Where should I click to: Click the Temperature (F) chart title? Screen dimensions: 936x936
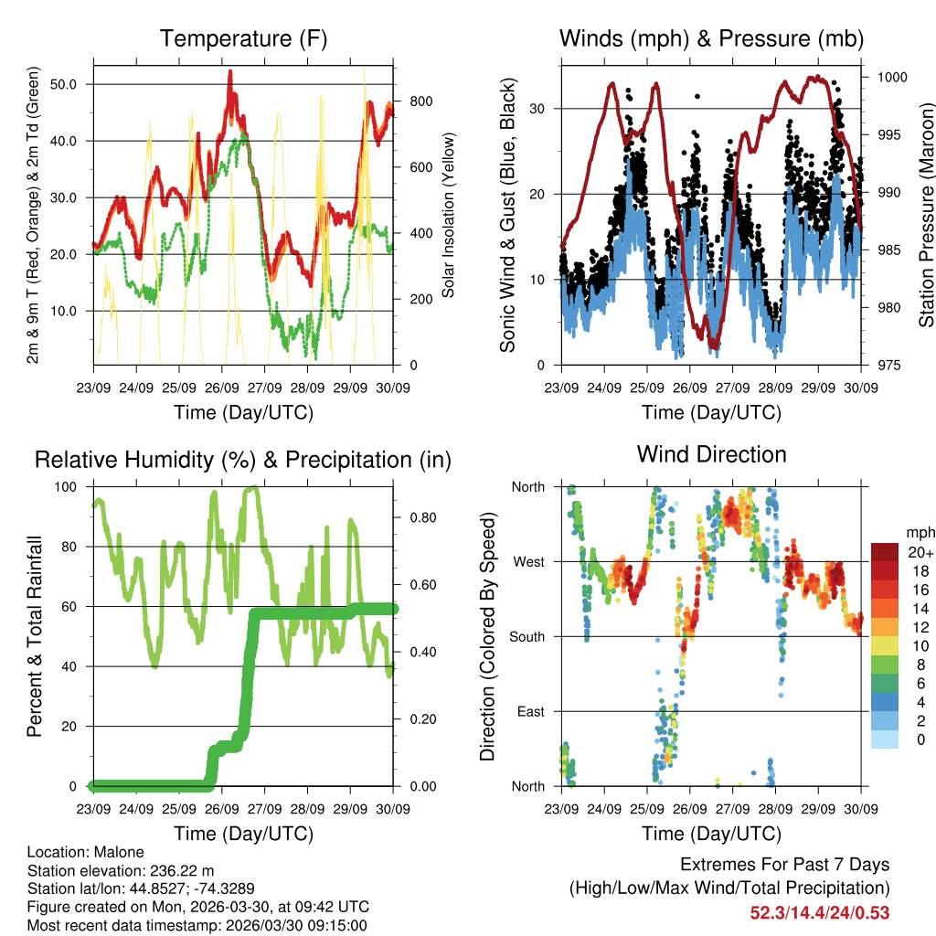pyautogui.click(x=243, y=38)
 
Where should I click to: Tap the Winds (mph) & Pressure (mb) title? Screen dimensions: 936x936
pyautogui.click(x=711, y=38)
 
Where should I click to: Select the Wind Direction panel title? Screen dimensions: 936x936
pyautogui.click(x=711, y=454)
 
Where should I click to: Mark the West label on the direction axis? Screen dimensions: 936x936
pyautogui.click(x=528, y=562)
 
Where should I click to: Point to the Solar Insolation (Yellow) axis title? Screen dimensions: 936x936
pyautogui.click(x=448, y=216)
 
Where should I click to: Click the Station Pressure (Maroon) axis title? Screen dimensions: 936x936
pyautogui.click(x=926, y=216)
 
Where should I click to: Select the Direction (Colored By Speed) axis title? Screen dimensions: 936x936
pyautogui.click(x=487, y=636)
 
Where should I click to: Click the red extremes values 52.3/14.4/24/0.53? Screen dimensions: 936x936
pyautogui.click(x=820, y=912)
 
